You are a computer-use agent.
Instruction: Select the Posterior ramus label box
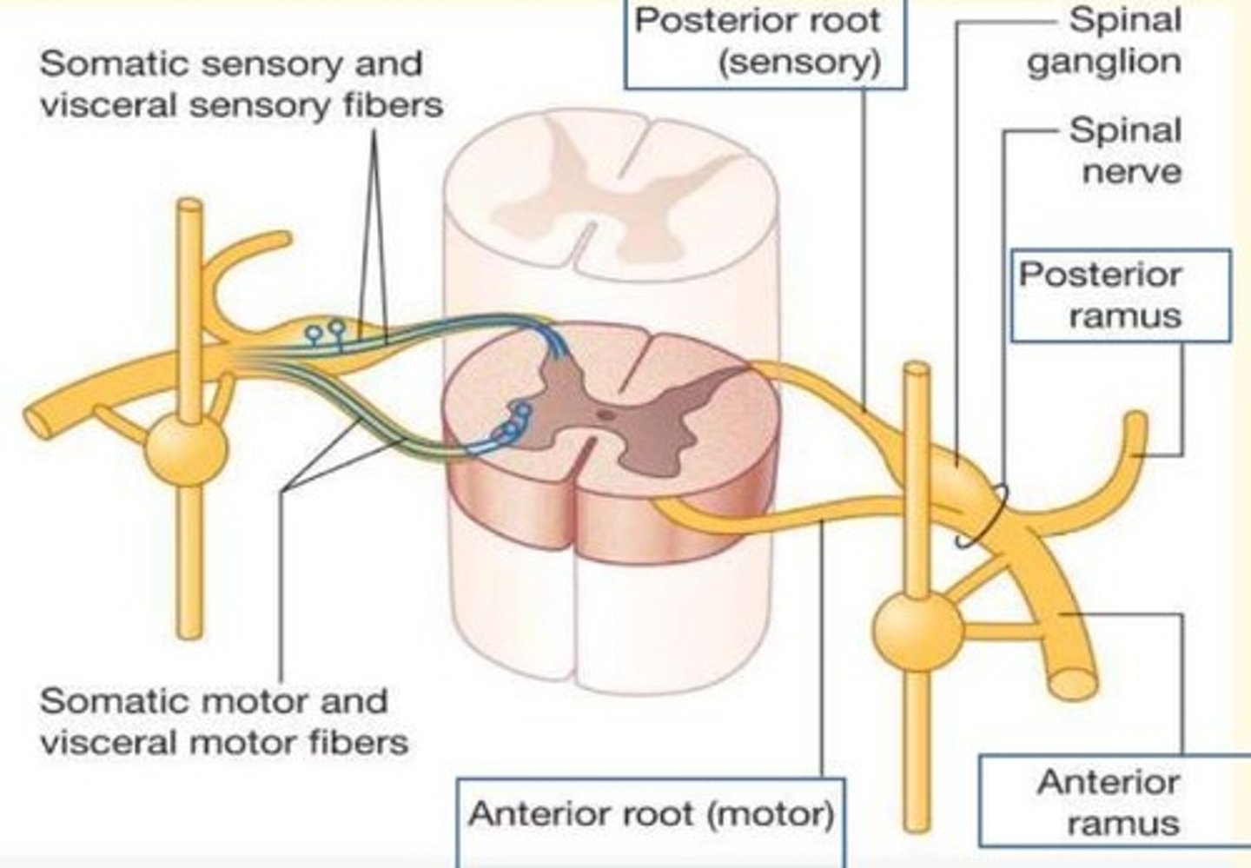coord(1121,295)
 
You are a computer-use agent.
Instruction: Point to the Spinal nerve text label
coord(1126,149)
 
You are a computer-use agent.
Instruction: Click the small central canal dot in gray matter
coord(607,414)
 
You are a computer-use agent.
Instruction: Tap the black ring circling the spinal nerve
coord(982,514)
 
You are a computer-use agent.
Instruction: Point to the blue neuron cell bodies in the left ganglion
coord(325,330)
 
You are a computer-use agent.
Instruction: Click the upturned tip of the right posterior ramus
coord(1136,423)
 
